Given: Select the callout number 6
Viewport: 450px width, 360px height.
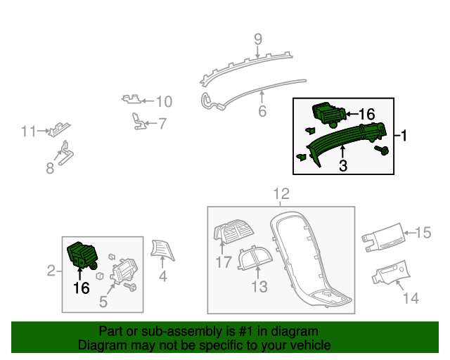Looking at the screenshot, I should point(262,111).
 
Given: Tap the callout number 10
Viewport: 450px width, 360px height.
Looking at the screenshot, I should point(163,101).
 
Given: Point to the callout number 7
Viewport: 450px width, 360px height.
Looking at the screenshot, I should point(162,124).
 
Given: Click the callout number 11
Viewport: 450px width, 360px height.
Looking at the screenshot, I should point(28,131).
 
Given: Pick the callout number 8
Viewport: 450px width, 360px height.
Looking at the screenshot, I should point(50,168).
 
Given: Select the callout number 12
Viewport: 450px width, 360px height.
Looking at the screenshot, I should point(281,193).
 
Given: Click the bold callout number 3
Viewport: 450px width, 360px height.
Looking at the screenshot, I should point(342,166).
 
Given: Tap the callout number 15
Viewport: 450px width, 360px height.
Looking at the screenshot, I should point(422,232).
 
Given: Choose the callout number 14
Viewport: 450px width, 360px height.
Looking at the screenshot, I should point(411,299).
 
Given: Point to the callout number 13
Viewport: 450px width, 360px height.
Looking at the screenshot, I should point(260,286).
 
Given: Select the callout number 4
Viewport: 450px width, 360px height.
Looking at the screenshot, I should point(162,276).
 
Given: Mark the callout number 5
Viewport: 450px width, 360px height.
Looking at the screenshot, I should point(103,302).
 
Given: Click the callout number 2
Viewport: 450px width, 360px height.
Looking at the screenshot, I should point(51,271).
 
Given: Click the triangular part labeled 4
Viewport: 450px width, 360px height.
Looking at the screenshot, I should point(162,249).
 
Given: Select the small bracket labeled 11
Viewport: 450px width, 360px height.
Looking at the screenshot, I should point(59,129).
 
